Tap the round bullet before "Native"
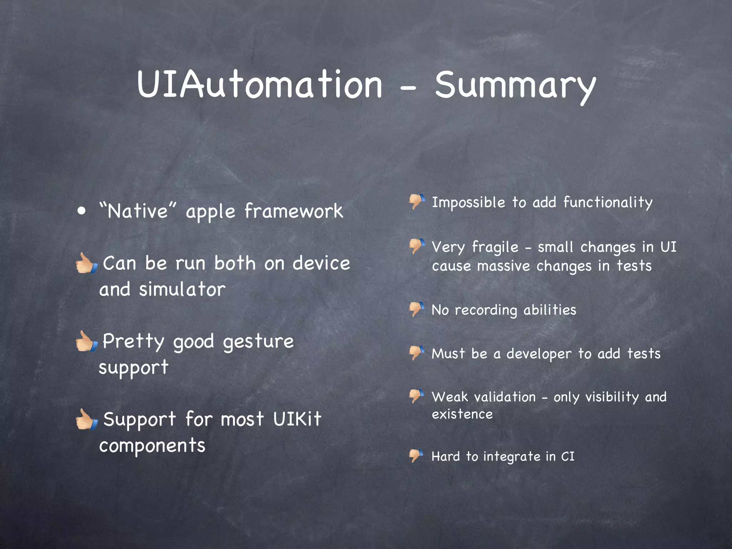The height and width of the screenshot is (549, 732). click(82, 211)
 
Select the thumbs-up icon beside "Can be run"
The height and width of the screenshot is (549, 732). click(86, 263)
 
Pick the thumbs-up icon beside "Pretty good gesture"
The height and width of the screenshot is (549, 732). click(86, 341)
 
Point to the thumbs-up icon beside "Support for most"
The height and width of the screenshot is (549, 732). click(86, 419)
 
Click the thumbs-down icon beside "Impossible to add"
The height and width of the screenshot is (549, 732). click(417, 201)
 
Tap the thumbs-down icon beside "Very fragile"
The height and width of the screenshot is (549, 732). click(417, 246)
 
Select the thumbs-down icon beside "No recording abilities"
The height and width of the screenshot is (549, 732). click(417, 309)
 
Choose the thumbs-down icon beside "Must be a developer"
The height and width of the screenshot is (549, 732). click(417, 353)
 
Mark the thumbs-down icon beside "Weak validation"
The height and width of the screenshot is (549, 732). click(417, 396)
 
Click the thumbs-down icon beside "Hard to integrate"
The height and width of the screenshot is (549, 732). click(416, 456)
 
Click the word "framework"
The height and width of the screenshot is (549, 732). click(293, 211)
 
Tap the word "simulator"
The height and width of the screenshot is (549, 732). click(182, 289)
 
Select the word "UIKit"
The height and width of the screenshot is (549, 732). click(297, 419)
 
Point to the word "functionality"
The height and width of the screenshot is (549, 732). click(608, 203)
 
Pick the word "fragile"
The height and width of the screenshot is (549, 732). click(495, 247)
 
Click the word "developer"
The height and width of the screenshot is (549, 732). click(539, 354)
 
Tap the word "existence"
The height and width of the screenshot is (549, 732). click(462, 414)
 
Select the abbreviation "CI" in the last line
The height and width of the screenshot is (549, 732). click(568, 456)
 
